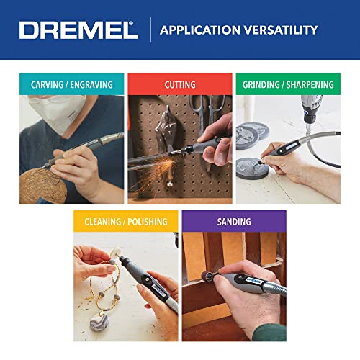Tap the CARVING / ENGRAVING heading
pos(71,84)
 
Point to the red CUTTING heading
pos(180,84)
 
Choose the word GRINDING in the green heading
pos(261,84)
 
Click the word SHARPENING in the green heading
pos(311,84)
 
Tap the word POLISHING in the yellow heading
pos(147,222)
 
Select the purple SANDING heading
pos(234,222)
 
